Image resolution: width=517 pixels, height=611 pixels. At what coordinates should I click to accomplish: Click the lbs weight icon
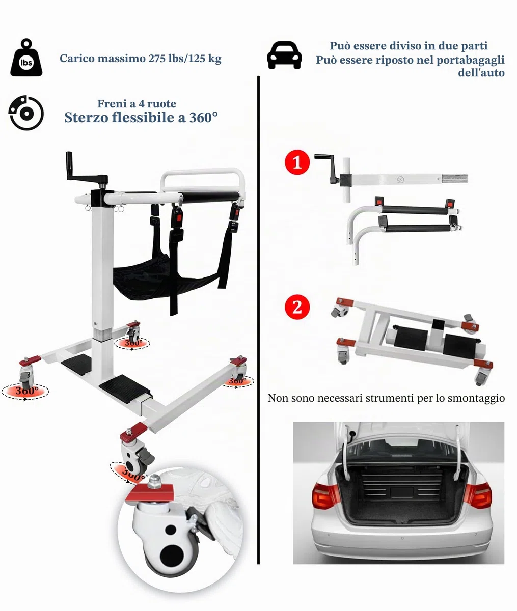(x=26, y=58)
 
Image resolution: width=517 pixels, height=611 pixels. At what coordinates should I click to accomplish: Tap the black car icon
(x=284, y=55)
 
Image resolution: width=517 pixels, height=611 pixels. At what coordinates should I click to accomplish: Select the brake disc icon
(x=26, y=113)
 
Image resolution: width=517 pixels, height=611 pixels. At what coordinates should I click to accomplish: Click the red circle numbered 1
(x=297, y=162)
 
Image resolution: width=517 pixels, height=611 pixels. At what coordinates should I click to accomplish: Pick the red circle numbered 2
(x=297, y=307)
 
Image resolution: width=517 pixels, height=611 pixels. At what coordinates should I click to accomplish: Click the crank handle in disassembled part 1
(x=327, y=168)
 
